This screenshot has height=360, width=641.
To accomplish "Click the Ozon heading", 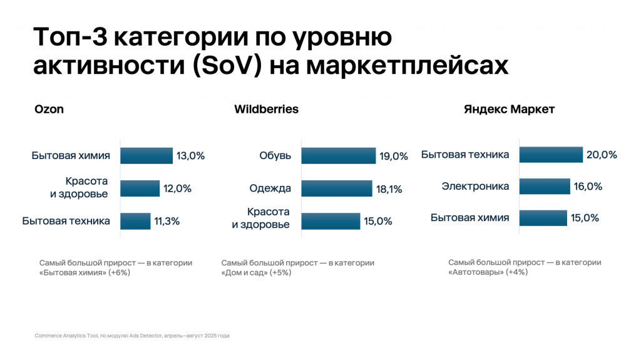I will pyautogui.click(x=49, y=110).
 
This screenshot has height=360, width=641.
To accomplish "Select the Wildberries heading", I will pyautogui.click(x=266, y=110).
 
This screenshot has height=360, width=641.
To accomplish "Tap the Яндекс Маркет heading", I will pyautogui.click(x=509, y=110).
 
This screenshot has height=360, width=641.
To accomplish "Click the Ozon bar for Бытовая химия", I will pyautogui.click(x=146, y=156).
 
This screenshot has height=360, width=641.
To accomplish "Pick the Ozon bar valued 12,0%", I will pyautogui.click(x=140, y=188).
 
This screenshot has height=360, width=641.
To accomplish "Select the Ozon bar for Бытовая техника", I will pyautogui.click(x=135, y=221).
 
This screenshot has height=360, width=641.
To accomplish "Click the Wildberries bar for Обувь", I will pyautogui.click(x=338, y=156).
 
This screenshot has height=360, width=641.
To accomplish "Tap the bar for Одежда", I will pyautogui.click(x=335, y=188).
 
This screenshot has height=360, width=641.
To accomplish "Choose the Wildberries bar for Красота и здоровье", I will pyautogui.click(x=331, y=221).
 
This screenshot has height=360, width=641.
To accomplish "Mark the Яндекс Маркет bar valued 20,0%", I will pyautogui.click(x=551, y=155).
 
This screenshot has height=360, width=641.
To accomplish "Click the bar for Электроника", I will pyautogui.click(x=545, y=187).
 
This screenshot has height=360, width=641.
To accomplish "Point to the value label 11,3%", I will pyautogui.click(x=167, y=221).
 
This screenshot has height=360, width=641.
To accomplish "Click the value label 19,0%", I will pyautogui.click(x=394, y=157).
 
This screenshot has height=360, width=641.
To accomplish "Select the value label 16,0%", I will pyautogui.click(x=588, y=187).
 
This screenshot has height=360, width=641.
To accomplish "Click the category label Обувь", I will pyautogui.click(x=276, y=156).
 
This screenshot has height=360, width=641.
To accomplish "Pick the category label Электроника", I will pyautogui.click(x=475, y=187).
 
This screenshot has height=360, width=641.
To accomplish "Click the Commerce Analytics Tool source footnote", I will pyautogui.click(x=132, y=336).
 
